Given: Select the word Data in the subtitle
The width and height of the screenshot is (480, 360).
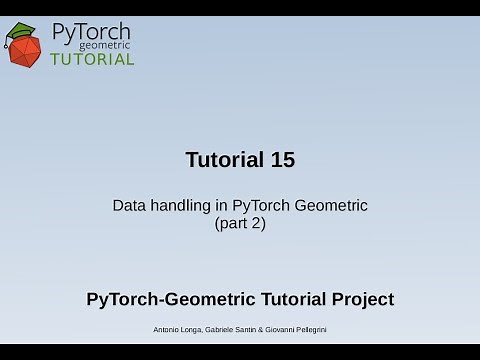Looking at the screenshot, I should (x=128, y=206).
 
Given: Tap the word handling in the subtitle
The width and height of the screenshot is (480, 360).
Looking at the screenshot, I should (x=180, y=206).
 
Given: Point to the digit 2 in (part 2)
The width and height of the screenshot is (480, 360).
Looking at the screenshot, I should (x=257, y=224).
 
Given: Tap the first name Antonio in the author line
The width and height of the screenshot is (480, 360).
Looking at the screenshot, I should (x=169, y=330).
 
